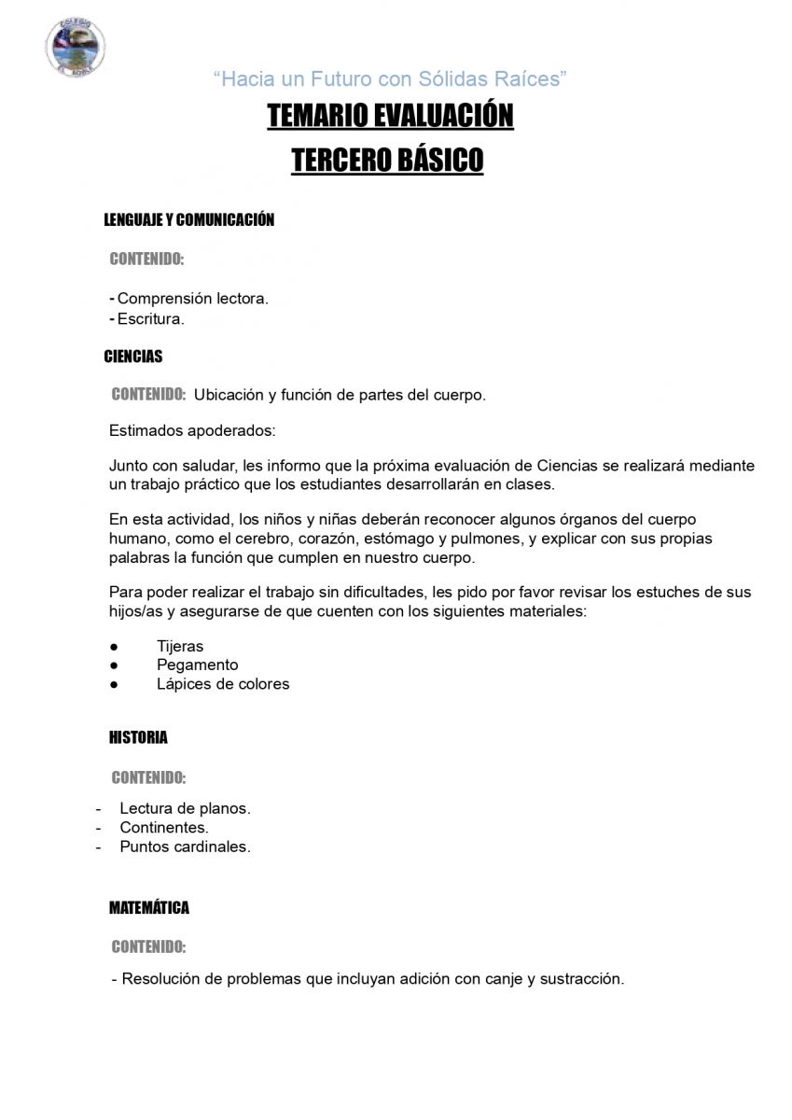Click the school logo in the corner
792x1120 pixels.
[75, 47]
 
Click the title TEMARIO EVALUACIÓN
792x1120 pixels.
[390, 116]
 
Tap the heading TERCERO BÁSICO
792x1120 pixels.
[387, 160]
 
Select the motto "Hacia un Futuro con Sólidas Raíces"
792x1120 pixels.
[390, 79]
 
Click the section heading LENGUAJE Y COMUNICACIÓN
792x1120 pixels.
[188, 220]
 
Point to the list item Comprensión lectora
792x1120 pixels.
[192, 299]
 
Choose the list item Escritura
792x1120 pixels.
[150, 318]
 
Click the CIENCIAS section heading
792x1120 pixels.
[132, 357]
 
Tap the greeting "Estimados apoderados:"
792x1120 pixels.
[192, 431]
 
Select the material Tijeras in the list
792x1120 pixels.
[180, 646]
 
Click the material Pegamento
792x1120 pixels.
[198, 665]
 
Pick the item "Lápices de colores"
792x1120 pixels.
[223, 684]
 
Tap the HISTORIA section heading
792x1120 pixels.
[138, 737]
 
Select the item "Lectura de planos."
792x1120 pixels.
[185, 808]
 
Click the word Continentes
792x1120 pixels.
[163, 827]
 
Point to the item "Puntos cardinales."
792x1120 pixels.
[185, 847]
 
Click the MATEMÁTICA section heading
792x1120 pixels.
[149, 907]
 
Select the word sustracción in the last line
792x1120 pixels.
[580, 979]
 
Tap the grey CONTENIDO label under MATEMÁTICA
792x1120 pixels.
[148, 947]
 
